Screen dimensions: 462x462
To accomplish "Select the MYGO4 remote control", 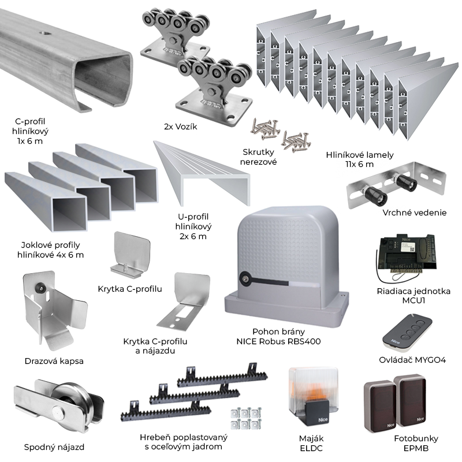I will pyautogui.click(x=406, y=333).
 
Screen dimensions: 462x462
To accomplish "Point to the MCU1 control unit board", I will pyautogui.click(x=407, y=253).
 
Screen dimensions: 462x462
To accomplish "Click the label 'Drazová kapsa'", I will pyautogui.click(x=55, y=361).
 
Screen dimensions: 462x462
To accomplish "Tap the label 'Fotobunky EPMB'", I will pyautogui.click(x=412, y=443).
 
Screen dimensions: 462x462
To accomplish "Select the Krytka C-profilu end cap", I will pyautogui.click(x=133, y=254).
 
